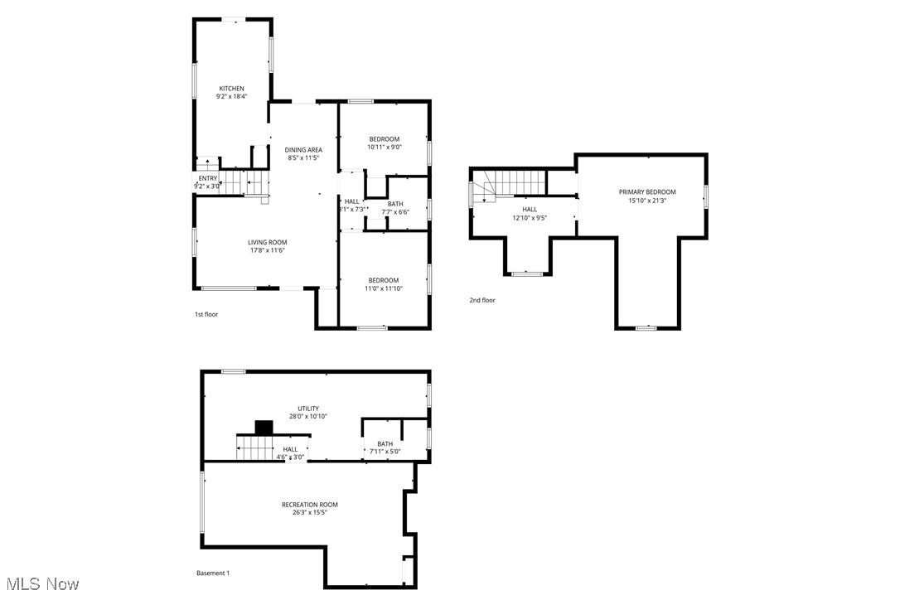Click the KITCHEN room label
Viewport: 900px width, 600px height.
(231, 89)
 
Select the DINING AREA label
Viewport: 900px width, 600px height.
(304, 150)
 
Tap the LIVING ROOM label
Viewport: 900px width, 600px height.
(267, 242)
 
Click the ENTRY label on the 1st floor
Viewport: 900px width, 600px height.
(207, 178)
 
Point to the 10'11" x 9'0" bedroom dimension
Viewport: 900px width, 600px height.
(385, 148)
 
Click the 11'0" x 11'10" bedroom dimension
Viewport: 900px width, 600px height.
(384, 289)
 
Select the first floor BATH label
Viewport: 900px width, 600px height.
(395, 204)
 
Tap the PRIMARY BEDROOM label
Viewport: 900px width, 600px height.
(647, 191)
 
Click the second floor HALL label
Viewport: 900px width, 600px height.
(530, 210)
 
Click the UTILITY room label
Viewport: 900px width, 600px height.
(308, 409)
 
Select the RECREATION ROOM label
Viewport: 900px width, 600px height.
(309, 505)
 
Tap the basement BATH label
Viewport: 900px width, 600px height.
(385, 443)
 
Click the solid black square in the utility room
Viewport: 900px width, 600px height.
(264, 428)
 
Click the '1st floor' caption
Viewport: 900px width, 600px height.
(206, 314)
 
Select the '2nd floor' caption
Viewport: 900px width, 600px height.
(482, 300)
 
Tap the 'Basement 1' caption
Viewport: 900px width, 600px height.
(213, 573)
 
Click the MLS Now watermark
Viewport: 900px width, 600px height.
(41, 584)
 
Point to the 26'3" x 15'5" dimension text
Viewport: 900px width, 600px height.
(309, 513)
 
